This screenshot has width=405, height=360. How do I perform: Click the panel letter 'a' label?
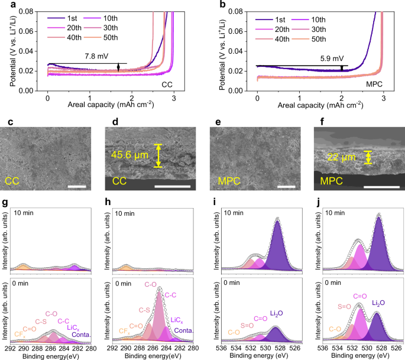pos(5,6)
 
